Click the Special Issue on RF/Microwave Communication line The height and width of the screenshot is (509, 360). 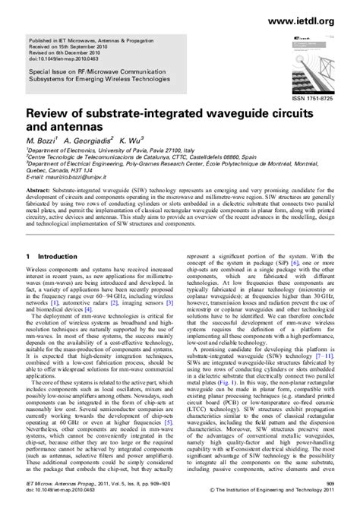pos(106,68)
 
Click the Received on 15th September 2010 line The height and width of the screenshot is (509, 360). pos(71,44)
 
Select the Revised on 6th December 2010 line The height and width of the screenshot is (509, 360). pos(69,50)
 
